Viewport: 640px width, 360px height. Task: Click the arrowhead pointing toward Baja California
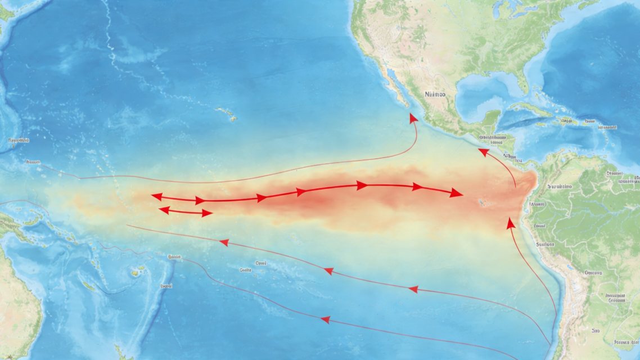(414, 118)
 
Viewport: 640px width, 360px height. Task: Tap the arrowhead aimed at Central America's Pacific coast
(483, 151)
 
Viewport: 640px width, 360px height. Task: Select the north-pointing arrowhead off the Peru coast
(510, 223)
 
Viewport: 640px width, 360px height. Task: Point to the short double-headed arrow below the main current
(186, 211)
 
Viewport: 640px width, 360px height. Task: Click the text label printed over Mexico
(435, 94)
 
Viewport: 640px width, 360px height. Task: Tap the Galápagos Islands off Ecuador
(480, 201)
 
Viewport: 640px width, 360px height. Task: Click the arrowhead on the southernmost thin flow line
(324, 319)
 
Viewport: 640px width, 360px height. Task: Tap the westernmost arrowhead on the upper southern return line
(224, 242)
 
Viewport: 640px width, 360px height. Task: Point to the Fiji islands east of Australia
(136, 273)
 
